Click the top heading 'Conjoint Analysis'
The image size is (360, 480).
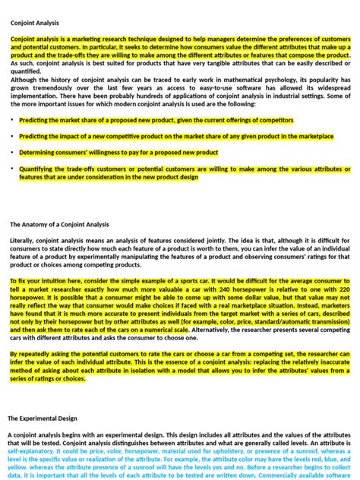pos(34,23)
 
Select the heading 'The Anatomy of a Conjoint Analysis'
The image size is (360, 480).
pos(59,225)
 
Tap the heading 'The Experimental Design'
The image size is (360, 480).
pos(43,418)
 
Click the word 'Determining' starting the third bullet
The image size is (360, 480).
pos(39,152)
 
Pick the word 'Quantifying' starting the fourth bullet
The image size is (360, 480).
pos(39,168)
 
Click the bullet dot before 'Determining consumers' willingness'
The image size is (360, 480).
pos(11,152)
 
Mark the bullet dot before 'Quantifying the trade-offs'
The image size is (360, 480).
pos(11,168)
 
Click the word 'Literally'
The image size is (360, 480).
pos(23,241)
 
